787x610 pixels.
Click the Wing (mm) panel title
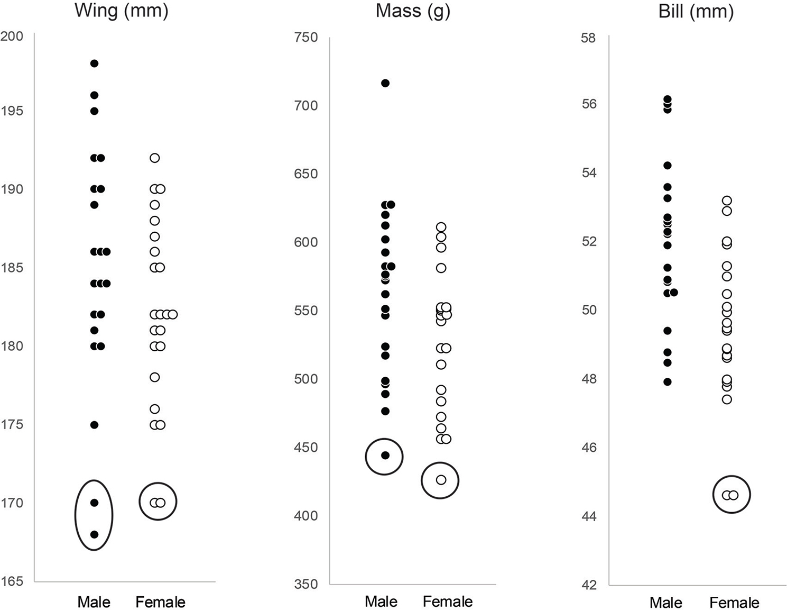[x=122, y=11]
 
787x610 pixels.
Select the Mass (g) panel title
[x=413, y=11]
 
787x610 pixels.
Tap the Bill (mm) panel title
[x=696, y=11]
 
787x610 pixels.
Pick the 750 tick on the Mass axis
[x=306, y=38]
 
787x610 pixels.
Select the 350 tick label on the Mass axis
[x=306, y=584]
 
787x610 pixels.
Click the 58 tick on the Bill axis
[x=588, y=38]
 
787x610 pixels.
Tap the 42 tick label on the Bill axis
[x=588, y=585]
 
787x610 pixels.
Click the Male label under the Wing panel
[x=94, y=602]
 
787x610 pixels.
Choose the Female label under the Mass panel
[x=448, y=602]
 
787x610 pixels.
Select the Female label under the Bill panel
[x=734, y=603]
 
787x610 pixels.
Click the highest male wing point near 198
[x=94, y=63]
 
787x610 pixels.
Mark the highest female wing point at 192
[x=154, y=158]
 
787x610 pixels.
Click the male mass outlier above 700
[x=385, y=83]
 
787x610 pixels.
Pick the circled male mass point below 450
[x=385, y=456]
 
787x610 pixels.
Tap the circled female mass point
[x=441, y=480]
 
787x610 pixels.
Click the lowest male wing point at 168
[x=94, y=534]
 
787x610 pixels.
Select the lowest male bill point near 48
[x=668, y=382]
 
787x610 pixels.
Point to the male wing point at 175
[x=94, y=425]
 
